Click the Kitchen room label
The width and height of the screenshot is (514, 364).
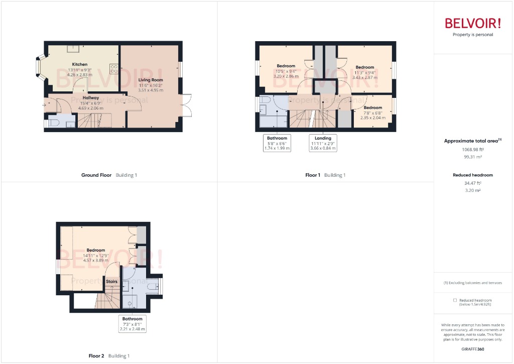80,64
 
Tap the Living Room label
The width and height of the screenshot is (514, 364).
151,80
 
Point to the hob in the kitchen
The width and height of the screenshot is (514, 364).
113,69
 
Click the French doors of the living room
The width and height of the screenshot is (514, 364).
187,105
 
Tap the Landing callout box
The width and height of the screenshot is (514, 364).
323,143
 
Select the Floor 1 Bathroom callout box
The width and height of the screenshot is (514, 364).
277,143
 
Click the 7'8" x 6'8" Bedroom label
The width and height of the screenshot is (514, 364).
373,108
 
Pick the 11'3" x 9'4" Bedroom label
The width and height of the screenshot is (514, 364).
365,67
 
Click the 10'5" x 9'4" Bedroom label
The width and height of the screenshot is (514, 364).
286,66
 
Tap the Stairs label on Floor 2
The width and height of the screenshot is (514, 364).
111,282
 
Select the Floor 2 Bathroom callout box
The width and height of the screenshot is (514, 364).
133,324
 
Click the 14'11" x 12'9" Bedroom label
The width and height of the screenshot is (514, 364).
95,250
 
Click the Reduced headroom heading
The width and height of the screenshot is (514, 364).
472,175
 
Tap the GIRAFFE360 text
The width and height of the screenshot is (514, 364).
472,349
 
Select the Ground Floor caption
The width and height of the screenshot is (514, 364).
96,175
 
